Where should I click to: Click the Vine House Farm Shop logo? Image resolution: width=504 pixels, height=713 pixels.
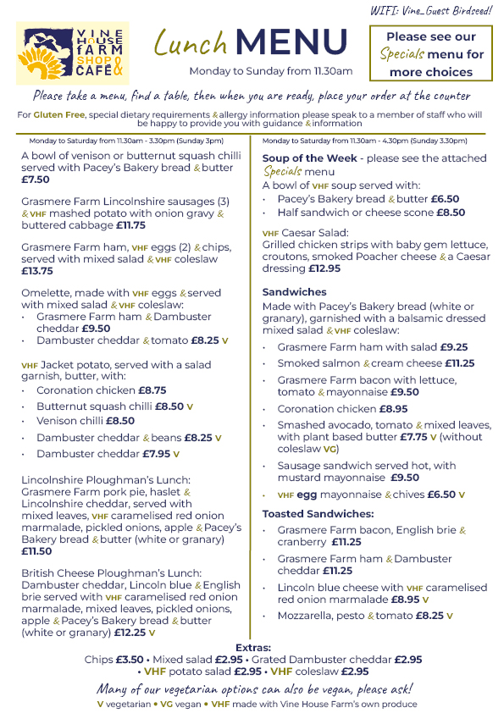pos(75,53)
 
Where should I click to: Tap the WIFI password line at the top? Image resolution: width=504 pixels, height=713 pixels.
pos(431,9)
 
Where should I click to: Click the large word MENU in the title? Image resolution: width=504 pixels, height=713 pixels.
pos(292,42)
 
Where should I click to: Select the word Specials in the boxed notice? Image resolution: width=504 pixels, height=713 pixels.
pos(402,55)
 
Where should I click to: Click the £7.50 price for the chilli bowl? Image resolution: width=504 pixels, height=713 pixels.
pos(36,180)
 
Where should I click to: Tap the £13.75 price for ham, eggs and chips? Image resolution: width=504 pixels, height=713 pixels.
pos(37,271)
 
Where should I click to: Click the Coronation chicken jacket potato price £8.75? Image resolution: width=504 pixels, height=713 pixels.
pos(152,391)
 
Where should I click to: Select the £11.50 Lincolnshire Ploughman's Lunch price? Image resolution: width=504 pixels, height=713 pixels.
pos(36,550)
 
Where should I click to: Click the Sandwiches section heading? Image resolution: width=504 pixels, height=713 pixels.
pos(294,292)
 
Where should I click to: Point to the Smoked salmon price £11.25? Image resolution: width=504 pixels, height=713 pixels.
pos(460,363)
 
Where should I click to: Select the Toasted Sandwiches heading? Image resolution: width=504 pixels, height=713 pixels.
pos(318,514)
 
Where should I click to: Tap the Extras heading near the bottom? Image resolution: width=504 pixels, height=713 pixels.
pos(252,647)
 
